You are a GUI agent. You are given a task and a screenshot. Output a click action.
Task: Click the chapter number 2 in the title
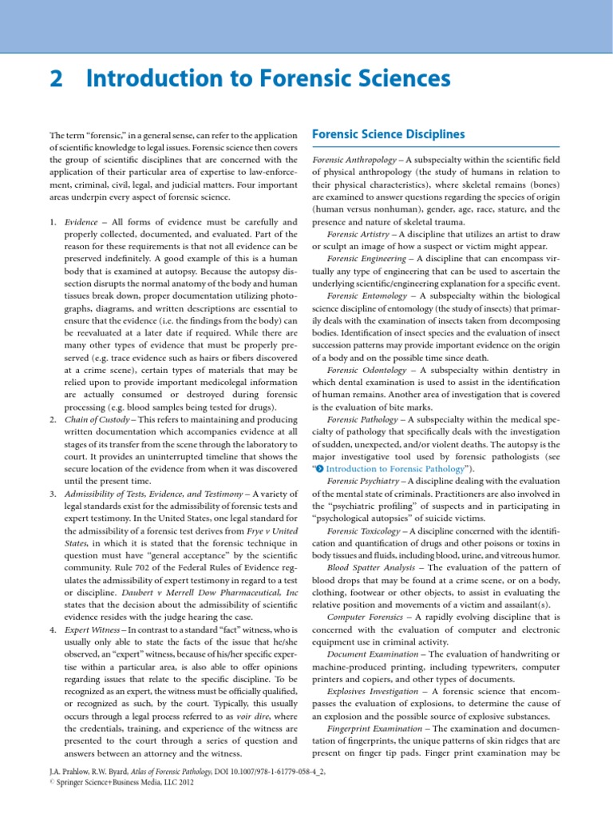click(x=57, y=80)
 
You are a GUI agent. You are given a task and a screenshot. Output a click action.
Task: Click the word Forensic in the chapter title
click(x=302, y=80)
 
